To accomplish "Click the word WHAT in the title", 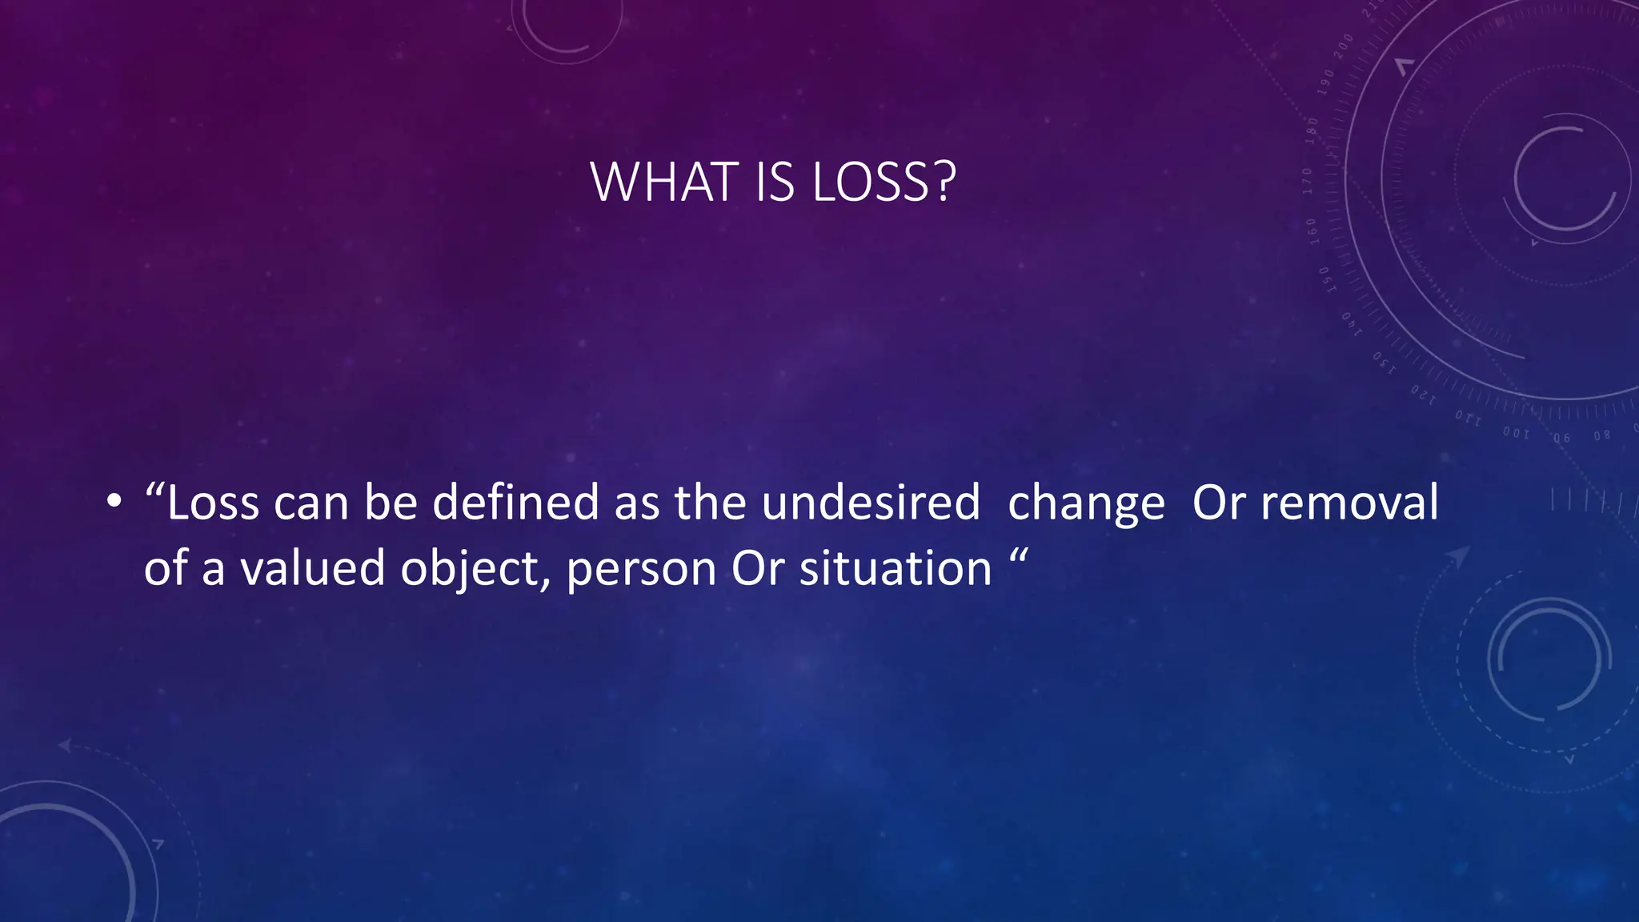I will point(664,182).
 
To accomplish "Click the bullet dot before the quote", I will point(114,503).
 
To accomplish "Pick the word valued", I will point(313,569).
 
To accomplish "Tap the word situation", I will point(896,569).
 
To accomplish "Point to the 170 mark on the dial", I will point(1308,182).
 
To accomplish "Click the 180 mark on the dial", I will point(1312,131).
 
